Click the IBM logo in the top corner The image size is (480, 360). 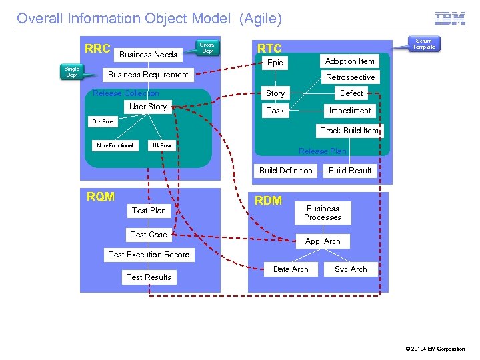[x=450, y=19]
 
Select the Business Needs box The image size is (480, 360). [x=148, y=55]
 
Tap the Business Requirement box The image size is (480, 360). [x=148, y=75]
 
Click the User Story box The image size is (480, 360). [x=148, y=107]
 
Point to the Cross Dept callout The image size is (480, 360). [x=207, y=48]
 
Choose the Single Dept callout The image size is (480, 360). [x=72, y=72]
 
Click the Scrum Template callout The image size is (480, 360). [x=423, y=44]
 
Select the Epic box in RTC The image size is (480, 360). [x=275, y=63]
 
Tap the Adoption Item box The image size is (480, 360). [x=349, y=61]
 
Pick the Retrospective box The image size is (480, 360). [x=350, y=77]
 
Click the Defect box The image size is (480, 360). [x=351, y=93]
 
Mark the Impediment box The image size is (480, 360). [x=350, y=111]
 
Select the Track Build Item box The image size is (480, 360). [x=349, y=131]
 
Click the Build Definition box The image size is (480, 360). [x=285, y=171]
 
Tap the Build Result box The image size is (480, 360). [x=350, y=171]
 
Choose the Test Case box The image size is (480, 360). [x=149, y=235]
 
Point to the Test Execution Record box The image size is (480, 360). [x=149, y=255]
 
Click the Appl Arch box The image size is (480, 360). [x=323, y=241]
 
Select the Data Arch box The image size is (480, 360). [x=291, y=269]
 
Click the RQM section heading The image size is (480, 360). [x=101, y=197]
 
